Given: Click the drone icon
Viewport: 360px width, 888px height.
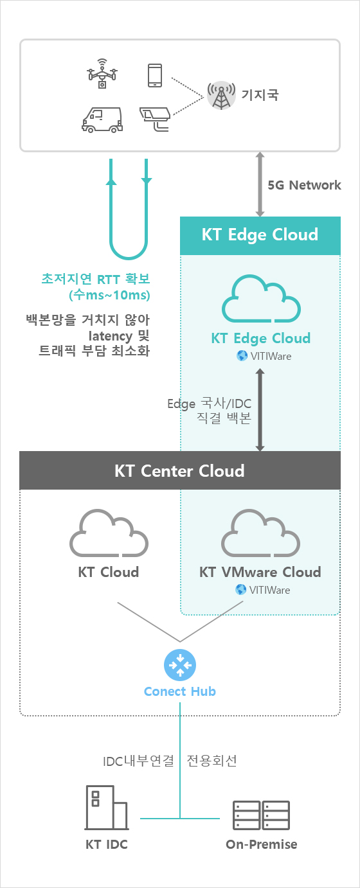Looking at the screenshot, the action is [102, 74].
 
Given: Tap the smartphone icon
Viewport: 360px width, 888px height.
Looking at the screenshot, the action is [155, 75].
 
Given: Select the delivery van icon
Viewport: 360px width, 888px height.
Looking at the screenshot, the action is [102, 120].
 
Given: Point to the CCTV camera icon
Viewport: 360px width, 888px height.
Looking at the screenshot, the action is [155, 119].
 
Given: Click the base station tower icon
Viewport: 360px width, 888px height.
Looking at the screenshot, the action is [221, 95].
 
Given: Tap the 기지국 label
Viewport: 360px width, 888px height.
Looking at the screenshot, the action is [260, 94].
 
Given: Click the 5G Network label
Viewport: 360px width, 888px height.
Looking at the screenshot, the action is [304, 185].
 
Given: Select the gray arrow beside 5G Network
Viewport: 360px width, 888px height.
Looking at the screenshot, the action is [260, 184].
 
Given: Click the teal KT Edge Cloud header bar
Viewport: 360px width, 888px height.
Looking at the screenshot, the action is [260, 235].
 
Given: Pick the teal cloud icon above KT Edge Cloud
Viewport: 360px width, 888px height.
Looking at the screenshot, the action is [261, 299].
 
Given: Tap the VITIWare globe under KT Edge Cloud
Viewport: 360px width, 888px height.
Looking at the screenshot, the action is [242, 355].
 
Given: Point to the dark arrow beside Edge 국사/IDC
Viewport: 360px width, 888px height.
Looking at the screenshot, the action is [260, 410].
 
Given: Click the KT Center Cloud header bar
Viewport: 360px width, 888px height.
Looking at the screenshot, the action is [180, 470].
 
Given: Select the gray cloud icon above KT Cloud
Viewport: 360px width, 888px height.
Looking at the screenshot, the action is [109, 533].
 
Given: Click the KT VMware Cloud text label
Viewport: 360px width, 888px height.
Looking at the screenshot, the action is [260, 572].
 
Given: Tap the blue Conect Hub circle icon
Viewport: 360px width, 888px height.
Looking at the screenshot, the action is [180, 665].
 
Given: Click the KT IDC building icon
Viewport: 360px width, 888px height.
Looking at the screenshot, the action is [107, 808].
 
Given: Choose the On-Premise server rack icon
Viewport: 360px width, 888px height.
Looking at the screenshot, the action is [261, 815].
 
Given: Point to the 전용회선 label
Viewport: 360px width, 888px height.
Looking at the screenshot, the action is [212, 760].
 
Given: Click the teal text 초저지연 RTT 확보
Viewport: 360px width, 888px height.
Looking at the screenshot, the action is [96, 279].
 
